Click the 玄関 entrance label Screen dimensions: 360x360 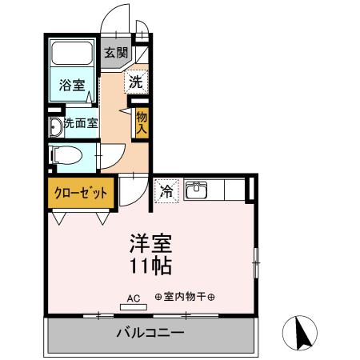(115, 54)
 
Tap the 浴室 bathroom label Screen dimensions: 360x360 (74, 84)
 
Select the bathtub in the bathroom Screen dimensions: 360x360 (74, 56)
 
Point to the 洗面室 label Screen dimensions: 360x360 (81, 123)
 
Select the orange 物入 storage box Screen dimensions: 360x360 (142, 122)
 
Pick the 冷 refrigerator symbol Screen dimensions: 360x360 (166, 191)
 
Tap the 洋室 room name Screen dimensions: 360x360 (150, 242)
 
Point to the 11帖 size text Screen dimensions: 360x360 (150, 264)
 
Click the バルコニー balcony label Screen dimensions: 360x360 (150, 333)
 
